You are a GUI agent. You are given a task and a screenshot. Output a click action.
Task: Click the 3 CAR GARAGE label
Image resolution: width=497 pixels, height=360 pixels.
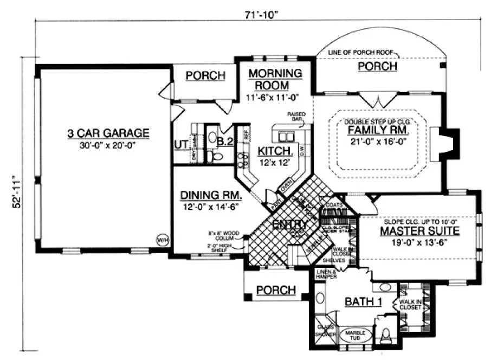(x=108, y=133)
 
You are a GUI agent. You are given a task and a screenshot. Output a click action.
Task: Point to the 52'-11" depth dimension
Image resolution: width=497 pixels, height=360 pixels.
(x=18, y=192)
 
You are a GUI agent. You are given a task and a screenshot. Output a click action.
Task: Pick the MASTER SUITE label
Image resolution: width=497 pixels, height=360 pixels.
(x=419, y=232)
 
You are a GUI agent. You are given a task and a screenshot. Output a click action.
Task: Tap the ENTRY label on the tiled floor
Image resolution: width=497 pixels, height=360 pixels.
(x=290, y=224)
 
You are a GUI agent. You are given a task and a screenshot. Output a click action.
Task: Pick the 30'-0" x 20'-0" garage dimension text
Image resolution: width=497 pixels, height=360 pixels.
(x=108, y=145)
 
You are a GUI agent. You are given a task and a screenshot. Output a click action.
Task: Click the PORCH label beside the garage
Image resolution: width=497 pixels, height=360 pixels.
(x=205, y=76)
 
